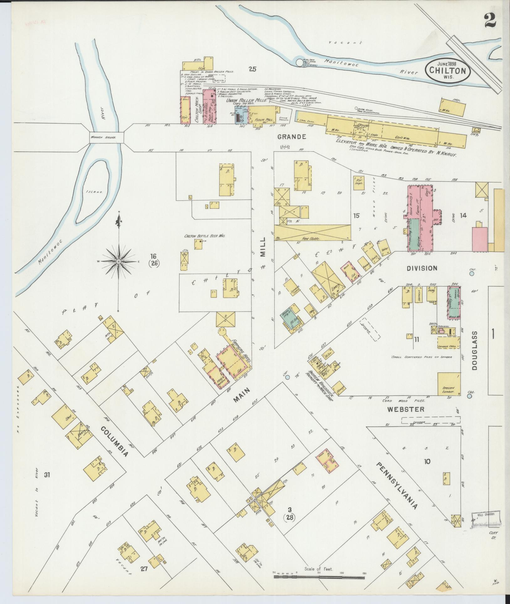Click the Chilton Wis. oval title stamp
pos(448,71)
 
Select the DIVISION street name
pos(422,268)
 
